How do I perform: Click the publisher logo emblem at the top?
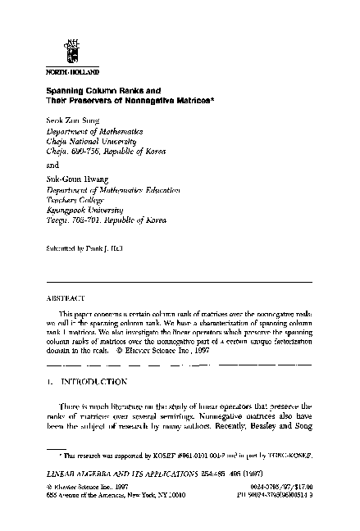pos(73,51)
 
